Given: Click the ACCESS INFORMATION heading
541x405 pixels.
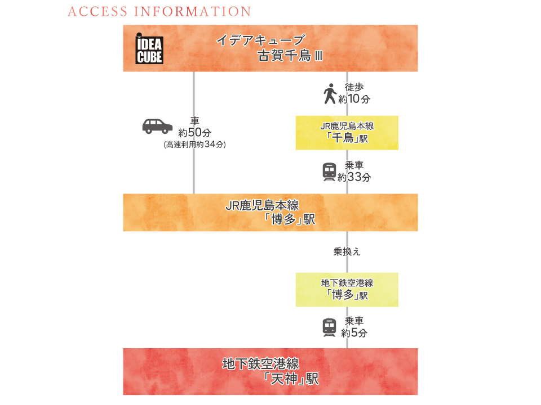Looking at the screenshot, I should [x=159, y=12].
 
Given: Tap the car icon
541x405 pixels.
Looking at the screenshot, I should [x=157, y=126].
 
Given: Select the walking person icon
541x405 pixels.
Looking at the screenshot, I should [x=329, y=93].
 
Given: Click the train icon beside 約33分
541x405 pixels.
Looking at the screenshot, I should [x=329, y=172].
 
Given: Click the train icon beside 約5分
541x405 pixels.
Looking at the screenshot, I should [x=329, y=327].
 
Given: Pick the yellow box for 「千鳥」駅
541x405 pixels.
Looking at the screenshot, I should [x=347, y=133].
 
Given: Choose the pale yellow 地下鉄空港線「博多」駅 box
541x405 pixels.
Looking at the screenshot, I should [x=347, y=290].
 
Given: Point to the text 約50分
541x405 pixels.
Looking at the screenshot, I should [x=194, y=133].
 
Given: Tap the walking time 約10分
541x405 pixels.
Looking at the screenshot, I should [x=354, y=99].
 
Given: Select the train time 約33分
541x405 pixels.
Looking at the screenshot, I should [x=354, y=177].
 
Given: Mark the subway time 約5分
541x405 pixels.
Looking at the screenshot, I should [x=354, y=332].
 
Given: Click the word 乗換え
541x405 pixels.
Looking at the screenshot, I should [x=347, y=252].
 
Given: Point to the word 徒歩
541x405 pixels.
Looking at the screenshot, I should [x=354, y=88].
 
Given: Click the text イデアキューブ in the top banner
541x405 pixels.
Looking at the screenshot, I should [x=261, y=40].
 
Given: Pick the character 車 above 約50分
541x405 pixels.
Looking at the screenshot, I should [x=194, y=121].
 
